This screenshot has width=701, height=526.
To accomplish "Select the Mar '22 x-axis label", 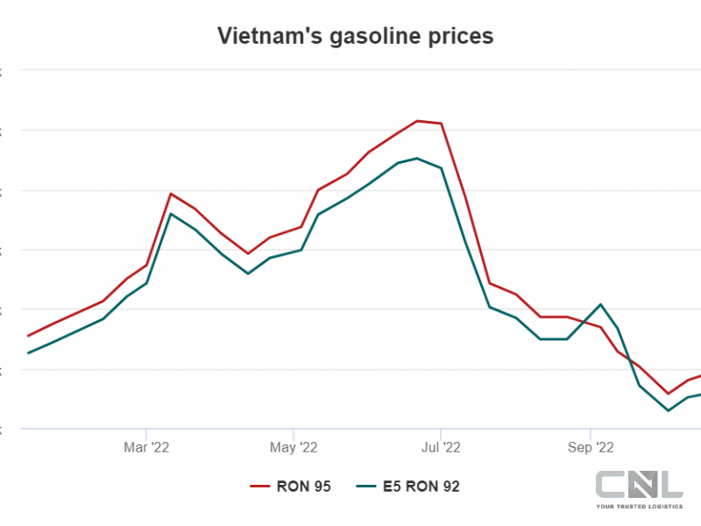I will click(x=146, y=447).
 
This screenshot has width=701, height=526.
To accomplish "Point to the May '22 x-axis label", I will click(x=294, y=447).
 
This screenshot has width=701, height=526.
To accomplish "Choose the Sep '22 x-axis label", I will click(x=591, y=447).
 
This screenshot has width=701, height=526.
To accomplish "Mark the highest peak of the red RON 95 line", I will click(x=417, y=121).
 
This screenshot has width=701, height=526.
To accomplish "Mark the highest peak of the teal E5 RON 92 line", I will click(x=416, y=159).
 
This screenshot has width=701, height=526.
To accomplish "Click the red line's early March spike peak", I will click(x=170, y=194).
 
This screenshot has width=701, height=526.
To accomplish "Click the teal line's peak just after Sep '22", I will click(x=601, y=304).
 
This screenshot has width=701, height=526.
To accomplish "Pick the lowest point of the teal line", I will click(x=669, y=410).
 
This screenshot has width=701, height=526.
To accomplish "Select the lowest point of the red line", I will click(x=669, y=394).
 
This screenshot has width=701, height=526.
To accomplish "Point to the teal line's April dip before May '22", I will click(x=248, y=274).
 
